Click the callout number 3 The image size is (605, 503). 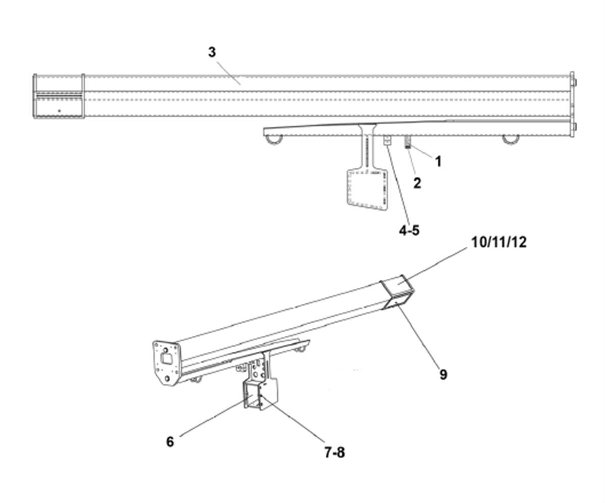click(x=212, y=53)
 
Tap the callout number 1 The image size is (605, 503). click(x=438, y=162)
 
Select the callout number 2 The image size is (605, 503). click(x=417, y=183)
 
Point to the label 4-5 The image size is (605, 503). click(x=409, y=230)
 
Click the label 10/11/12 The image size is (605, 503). click(x=498, y=242)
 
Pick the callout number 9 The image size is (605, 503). click(x=443, y=374)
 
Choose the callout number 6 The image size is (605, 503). click(x=170, y=441)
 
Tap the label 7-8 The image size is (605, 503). click(x=334, y=452)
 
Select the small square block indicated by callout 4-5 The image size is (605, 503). click(x=387, y=140)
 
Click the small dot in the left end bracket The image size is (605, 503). click(x=59, y=110)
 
